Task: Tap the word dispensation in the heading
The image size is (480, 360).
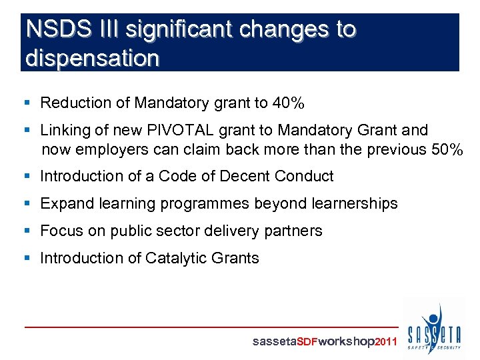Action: pyautogui.click(x=92, y=59)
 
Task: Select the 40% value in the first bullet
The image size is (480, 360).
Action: pyautogui.click(x=288, y=103)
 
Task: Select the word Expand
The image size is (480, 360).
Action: pyautogui.click(x=66, y=204)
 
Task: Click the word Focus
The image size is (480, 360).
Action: pyautogui.click(x=61, y=231)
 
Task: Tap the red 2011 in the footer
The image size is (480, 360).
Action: pyautogui.click(x=387, y=342)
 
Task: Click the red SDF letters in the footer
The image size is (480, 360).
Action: pyautogui.click(x=306, y=342)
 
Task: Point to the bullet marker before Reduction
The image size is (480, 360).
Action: pyautogui.click(x=27, y=103)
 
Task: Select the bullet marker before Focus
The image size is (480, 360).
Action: pyautogui.click(x=27, y=231)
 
